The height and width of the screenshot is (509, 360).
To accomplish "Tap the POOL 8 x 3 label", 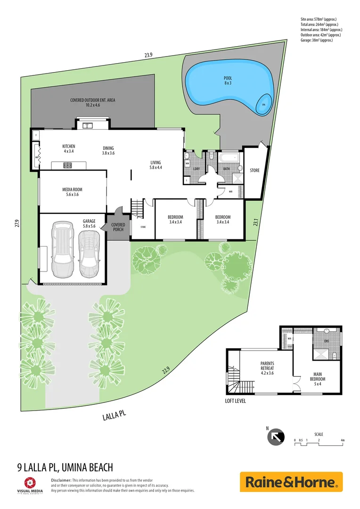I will pos(228,81).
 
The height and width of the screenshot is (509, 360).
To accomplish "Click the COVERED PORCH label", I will pos(118,227).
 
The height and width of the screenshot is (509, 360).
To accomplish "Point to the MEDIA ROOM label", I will pos(72,192).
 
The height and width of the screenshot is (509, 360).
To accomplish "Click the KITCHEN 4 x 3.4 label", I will pos(69,149).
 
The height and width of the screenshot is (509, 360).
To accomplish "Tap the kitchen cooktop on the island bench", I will pos(67,165).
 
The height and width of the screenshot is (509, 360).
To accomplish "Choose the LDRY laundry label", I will pos(196,168).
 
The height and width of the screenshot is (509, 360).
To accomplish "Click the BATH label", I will pos(226,168).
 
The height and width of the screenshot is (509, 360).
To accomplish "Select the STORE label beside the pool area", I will pos(254,171).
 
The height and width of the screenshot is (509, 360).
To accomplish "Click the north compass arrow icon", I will pos(276,437).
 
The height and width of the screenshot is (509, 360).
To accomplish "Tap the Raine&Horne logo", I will pos(291,482).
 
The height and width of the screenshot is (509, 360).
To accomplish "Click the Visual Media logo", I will pos(29,485).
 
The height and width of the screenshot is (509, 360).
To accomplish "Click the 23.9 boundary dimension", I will pos(148,55).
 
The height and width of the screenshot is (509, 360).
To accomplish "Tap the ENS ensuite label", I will pos(327,340).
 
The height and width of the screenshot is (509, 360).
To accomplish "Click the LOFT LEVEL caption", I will pos(235,402).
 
